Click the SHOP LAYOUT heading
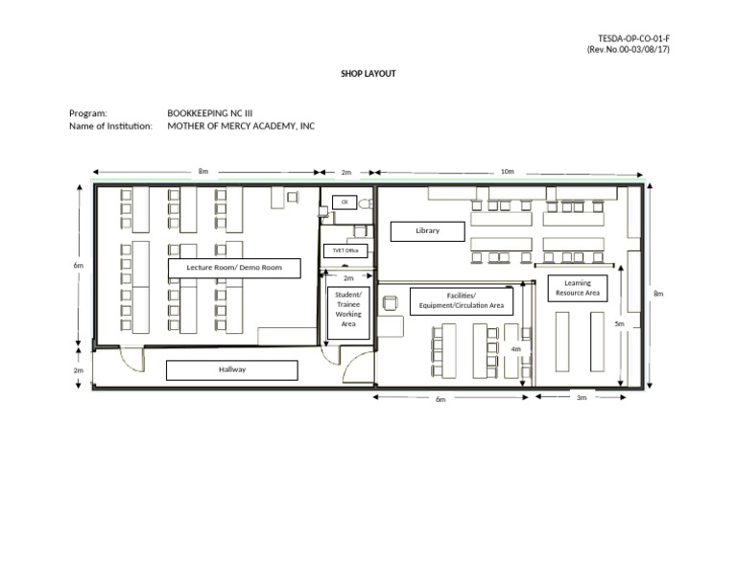(368, 74)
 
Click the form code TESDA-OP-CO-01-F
(628, 38)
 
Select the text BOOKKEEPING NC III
(209, 112)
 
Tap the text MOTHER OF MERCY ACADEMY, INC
(241, 126)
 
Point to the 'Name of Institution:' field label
(110, 126)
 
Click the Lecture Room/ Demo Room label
(234, 268)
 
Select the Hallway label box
(231, 369)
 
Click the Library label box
(427, 231)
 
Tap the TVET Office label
(345, 250)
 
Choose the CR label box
(344, 202)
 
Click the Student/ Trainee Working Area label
(348, 309)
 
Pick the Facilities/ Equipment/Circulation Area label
(462, 301)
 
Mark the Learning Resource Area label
(578, 288)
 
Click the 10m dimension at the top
(507, 172)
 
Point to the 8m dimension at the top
(203, 172)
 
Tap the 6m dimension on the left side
(78, 265)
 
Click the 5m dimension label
(619, 324)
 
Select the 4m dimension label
(515, 349)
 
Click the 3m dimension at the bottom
(581, 397)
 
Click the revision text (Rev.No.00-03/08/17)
(628, 50)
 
